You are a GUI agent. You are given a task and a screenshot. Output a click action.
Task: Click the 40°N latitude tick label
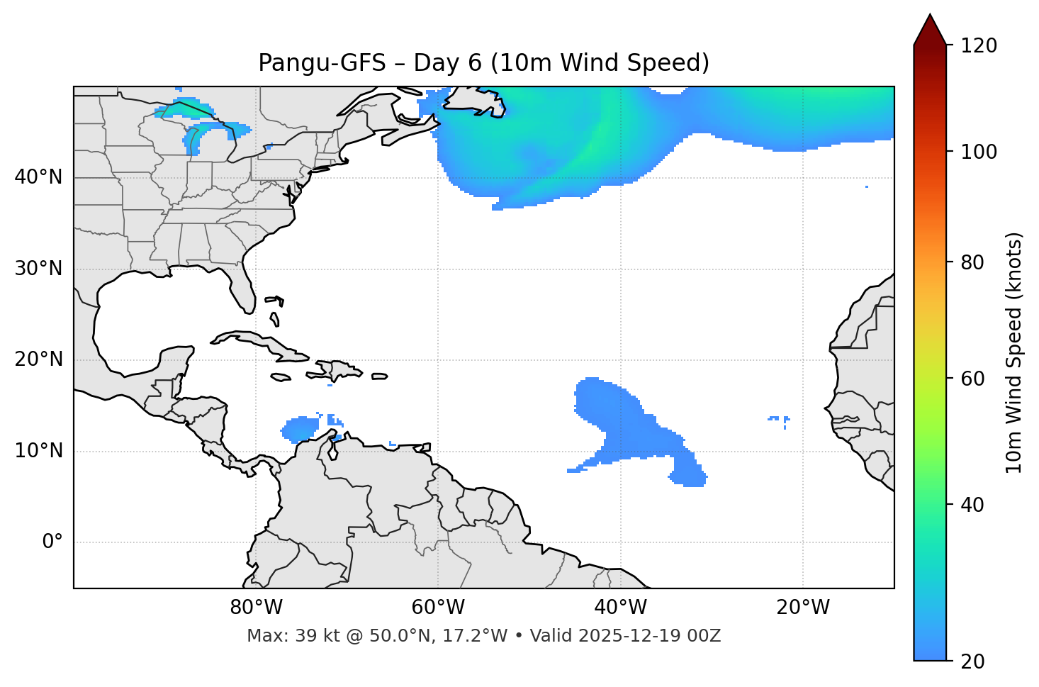pyautogui.click(x=38, y=177)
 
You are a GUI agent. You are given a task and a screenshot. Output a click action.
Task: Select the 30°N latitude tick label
pyautogui.click(x=38, y=269)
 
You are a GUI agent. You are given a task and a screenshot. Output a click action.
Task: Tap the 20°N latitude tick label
pyautogui.click(x=38, y=359)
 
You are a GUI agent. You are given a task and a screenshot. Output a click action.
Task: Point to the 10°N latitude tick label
pyautogui.click(x=38, y=451)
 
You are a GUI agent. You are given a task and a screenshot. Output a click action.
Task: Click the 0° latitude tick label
pyautogui.click(x=52, y=542)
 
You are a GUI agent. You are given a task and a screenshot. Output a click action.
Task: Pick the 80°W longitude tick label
pyautogui.click(x=256, y=608)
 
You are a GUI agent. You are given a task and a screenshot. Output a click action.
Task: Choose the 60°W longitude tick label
pyautogui.click(x=438, y=608)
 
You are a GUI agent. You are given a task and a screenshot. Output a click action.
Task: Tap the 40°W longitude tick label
pyautogui.click(x=620, y=608)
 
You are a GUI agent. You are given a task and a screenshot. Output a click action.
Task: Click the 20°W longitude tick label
pyautogui.click(x=803, y=608)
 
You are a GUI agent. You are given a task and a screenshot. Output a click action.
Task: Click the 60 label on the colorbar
pyautogui.click(x=972, y=379)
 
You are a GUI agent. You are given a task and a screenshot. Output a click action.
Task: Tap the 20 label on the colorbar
pyautogui.click(x=972, y=661)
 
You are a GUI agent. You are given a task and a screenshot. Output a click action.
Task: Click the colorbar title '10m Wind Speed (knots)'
pyautogui.click(x=1014, y=353)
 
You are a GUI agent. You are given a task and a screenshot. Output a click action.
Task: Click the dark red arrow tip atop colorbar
pyautogui.click(x=930, y=28)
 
